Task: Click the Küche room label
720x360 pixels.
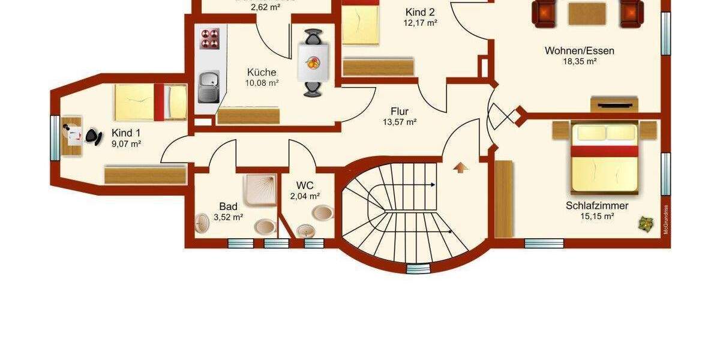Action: pyautogui.click(x=262, y=72)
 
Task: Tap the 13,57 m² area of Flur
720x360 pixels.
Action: pyautogui.click(x=400, y=122)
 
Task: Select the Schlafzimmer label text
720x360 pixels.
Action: pyautogui.click(x=597, y=206)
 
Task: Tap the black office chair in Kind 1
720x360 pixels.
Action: pyautogui.click(x=94, y=136)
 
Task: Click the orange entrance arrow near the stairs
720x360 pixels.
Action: pyautogui.click(x=460, y=167)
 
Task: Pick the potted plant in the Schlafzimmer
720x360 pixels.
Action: pyautogui.click(x=646, y=224)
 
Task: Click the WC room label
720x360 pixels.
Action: pyautogui.click(x=305, y=185)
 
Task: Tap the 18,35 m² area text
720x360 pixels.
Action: pyautogui.click(x=579, y=61)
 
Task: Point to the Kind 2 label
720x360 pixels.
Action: pyautogui.click(x=420, y=13)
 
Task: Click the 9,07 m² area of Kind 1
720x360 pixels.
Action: pyautogui.click(x=126, y=144)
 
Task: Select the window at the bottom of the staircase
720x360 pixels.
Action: pyautogui.click(x=422, y=268)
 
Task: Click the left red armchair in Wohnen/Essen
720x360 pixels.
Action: pyautogui.click(x=544, y=13)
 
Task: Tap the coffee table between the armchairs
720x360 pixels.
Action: pyautogui.click(x=587, y=13)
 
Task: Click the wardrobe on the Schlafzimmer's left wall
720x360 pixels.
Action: pyautogui.click(x=505, y=198)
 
